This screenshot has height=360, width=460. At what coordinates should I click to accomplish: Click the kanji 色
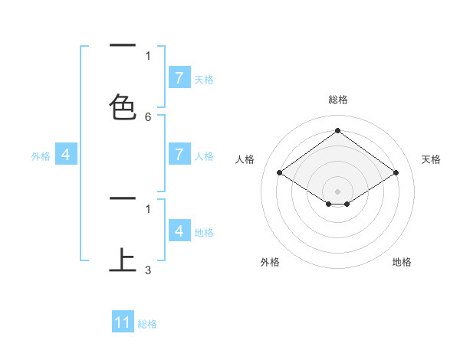[x=123, y=106]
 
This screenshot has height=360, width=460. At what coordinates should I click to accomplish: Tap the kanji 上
[x=123, y=260]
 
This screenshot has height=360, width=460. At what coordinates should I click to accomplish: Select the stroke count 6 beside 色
[x=148, y=117]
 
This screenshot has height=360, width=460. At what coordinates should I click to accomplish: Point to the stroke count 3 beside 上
[x=148, y=270]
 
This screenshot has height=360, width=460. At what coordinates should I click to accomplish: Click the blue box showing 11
[x=123, y=322]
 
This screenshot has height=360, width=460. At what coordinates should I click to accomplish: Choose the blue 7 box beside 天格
[x=179, y=78]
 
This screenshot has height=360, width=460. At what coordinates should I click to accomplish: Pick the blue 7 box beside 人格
[x=179, y=155]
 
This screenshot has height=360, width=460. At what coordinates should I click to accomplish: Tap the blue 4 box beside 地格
[x=179, y=231]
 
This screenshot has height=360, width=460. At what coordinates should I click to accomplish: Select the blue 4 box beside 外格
[x=65, y=155]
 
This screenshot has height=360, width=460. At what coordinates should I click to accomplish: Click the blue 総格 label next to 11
[x=147, y=324]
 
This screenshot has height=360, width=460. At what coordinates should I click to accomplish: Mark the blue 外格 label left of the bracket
[x=41, y=156]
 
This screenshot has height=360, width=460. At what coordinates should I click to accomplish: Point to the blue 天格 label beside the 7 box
[x=204, y=79]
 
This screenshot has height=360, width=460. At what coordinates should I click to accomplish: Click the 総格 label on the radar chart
[x=338, y=100]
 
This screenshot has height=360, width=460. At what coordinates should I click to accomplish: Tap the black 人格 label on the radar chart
[x=245, y=159]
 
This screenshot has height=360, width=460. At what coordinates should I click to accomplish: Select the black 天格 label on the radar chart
[x=431, y=159]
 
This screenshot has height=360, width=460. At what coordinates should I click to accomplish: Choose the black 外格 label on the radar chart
[x=270, y=262]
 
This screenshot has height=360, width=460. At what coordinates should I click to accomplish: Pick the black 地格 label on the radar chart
[x=402, y=262]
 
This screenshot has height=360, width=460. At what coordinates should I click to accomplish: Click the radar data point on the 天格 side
[x=396, y=173]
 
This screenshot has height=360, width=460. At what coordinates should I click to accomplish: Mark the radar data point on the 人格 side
[x=280, y=173]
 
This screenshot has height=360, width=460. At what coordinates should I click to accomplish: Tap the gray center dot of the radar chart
[x=338, y=191]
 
